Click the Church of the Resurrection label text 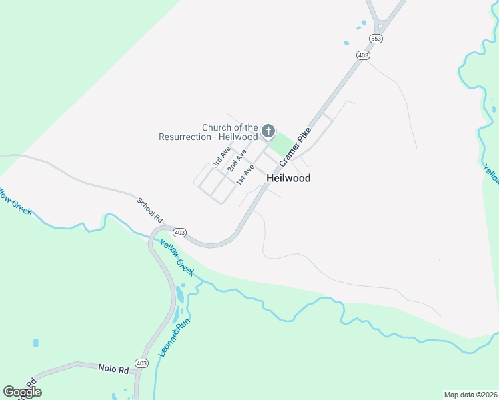point(208,132)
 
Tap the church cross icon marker point(268,131)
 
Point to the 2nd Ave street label point(236,161)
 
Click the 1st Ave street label point(245,174)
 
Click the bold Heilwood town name point(288,178)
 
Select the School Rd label point(151,209)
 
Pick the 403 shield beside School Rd point(179,233)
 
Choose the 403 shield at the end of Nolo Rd point(141,363)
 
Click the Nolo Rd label point(113,368)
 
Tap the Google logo point(21,392)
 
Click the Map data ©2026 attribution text point(470,395)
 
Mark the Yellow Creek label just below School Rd point(177,257)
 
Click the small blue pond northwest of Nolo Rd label point(35,343)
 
